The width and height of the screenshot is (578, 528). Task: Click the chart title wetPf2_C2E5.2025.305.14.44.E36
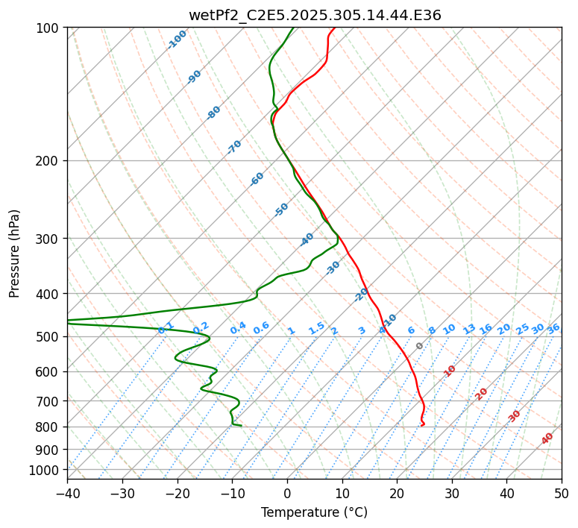[x=315, y=15]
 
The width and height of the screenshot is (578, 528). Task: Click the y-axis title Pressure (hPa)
[x=15, y=253]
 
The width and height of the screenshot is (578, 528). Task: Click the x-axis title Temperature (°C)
[x=314, y=512]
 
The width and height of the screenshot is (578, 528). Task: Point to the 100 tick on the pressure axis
[x=48, y=28]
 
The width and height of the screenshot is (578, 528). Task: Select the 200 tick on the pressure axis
[x=48, y=160]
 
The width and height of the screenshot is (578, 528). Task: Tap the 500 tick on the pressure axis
[x=48, y=336]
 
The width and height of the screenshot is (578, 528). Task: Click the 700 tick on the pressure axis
[x=48, y=401]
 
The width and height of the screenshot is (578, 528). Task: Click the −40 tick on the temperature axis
[x=67, y=493]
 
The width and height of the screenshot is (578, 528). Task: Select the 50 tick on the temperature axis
[x=562, y=493]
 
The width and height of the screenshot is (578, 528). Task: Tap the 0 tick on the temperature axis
[x=287, y=493]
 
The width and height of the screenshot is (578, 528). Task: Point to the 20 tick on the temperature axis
[x=397, y=493]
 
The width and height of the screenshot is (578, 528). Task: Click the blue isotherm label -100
[x=178, y=40]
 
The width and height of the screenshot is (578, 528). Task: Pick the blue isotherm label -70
[x=234, y=147]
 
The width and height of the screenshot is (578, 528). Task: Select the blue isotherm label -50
[x=281, y=210]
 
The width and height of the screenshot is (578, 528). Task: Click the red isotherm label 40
[x=547, y=439]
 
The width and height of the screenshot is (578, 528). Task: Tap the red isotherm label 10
[x=450, y=371]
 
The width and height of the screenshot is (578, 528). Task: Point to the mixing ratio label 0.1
[x=166, y=327]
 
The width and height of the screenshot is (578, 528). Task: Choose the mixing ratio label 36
[x=553, y=328]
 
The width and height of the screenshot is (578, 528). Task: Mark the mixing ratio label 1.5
[x=316, y=327]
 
